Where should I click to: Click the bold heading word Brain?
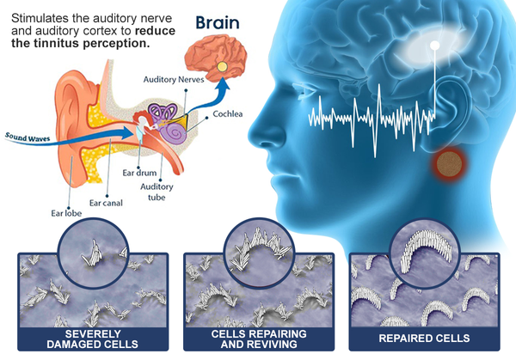click(218, 23)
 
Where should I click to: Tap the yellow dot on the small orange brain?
click(222, 67)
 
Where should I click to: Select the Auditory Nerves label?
click(174, 80)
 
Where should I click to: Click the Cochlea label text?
click(228, 114)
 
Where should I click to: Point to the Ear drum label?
click(139, 173)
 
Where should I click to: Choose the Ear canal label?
click(106, 203)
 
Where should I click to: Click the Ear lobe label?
click(66, 213)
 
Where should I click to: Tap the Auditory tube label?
click(157, 192)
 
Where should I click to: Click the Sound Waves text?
click(28, 137)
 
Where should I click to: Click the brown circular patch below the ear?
click(449, 163)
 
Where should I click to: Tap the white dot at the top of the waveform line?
click(434, 46)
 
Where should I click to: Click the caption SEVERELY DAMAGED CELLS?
click(93, 339)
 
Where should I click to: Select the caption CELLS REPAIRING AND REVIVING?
click(259, 339)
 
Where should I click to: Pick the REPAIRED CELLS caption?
click(424, 339)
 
